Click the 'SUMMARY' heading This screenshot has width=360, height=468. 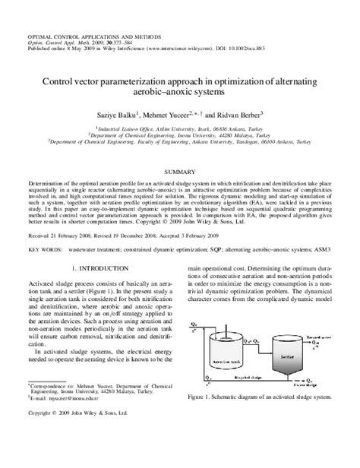click(179, 172)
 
